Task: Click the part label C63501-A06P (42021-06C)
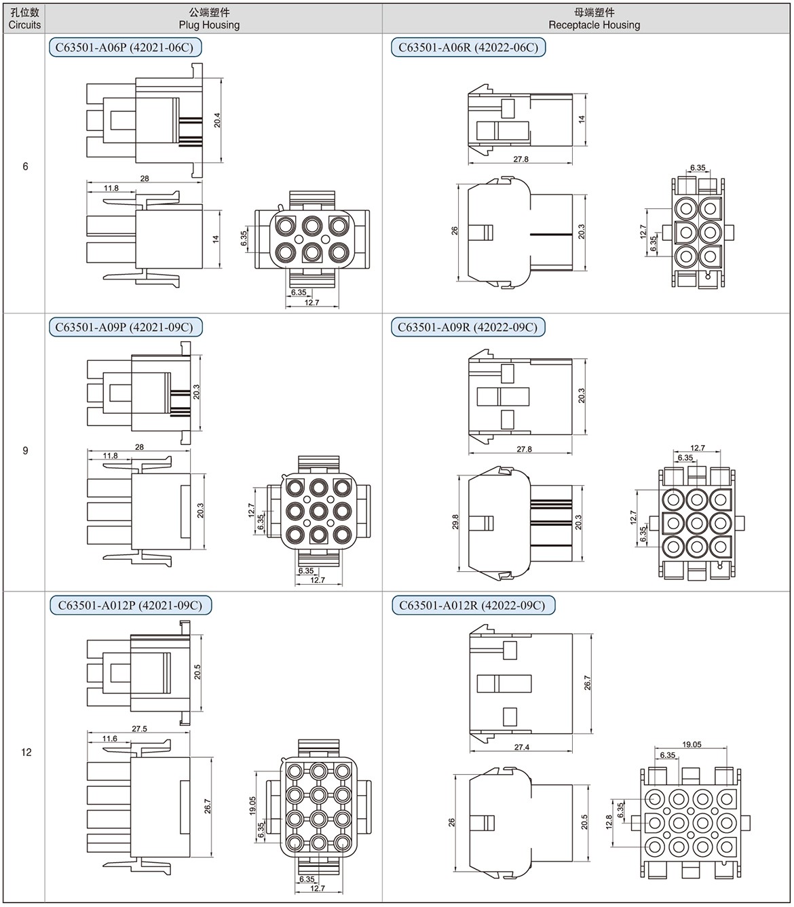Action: (x=125, y=47)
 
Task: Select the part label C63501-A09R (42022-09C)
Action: (x=468, y=328)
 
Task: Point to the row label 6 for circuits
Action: (x=25, y=166)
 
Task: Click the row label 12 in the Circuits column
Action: (x=26, y=752)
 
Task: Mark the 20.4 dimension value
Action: (x=217, y=121)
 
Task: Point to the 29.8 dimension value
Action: (x=455, y=522)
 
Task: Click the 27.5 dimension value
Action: (x=139, y=729)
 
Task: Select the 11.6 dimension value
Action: (x=109, y=739)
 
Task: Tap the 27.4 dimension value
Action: (x=522, y=747)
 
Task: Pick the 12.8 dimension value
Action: (x=609, y=822)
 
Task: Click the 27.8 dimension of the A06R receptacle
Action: (x=521, y=159)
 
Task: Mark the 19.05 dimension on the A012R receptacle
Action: (x=692, y=744)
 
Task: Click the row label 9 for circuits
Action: (x=25, y=450)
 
